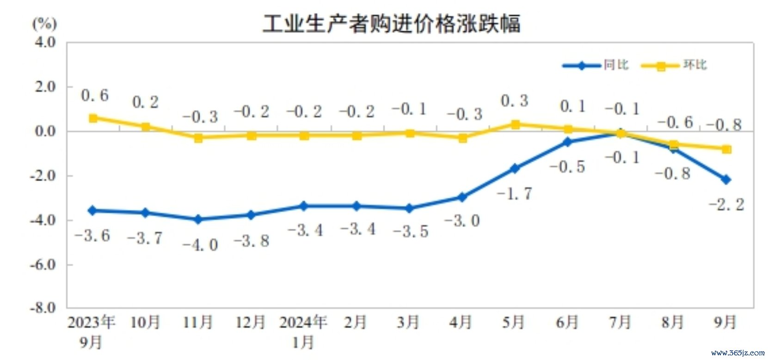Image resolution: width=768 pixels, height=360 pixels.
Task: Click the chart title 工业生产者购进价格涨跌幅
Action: tap(391, 23)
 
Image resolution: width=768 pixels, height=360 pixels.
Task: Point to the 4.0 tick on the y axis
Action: tap(45, 42)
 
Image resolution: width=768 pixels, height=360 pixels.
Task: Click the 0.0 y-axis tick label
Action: tap(45, 131)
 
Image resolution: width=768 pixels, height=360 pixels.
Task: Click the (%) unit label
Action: tap(44, 23)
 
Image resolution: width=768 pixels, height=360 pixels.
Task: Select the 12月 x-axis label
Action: tap(251, 322)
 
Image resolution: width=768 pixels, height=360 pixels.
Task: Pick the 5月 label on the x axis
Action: tap(514, 322)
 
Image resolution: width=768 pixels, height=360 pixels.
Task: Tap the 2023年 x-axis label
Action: tap(91, 322)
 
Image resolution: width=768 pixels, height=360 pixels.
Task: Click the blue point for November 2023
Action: tap(198, 219)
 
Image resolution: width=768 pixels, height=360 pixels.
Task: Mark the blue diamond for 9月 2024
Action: tap(726, 179)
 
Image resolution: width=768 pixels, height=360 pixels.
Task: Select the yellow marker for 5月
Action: tap(515, 125)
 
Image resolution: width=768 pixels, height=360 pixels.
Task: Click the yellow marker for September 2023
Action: tap(93, 118)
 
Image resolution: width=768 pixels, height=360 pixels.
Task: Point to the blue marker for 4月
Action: tap(462, 197)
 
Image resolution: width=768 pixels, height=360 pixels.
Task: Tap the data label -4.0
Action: tap(200, 244)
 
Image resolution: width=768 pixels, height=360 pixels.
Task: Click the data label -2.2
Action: tap(726, 204)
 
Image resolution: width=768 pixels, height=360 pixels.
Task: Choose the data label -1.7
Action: tap(514, 193)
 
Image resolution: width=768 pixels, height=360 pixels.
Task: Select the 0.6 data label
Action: tap(95, 95)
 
